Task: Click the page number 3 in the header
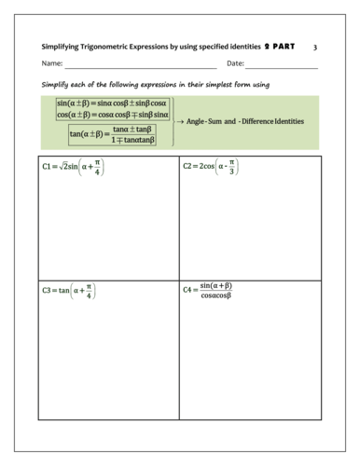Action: click(x=315, y=47)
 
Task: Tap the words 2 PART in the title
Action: click(x=279, y=47)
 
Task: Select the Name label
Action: click(x=52, y=64)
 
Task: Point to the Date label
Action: click(x=235, y=64)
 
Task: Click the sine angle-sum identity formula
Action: click(x=112, y=103)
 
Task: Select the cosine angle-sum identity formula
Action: click(x=112, y=115)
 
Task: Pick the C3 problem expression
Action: click(x=69, y=291)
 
